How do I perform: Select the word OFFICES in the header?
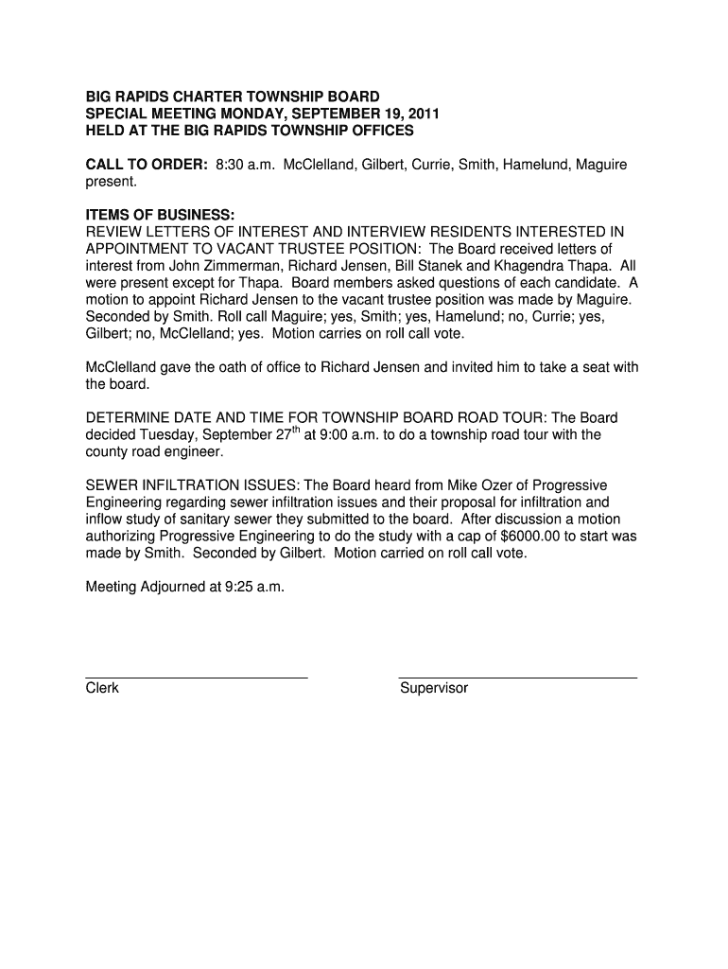point(381,131)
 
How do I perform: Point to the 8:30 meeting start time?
point(232,165)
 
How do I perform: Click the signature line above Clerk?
point(197,678)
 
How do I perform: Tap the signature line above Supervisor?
point(518,678)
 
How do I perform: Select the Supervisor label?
point(434,689)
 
